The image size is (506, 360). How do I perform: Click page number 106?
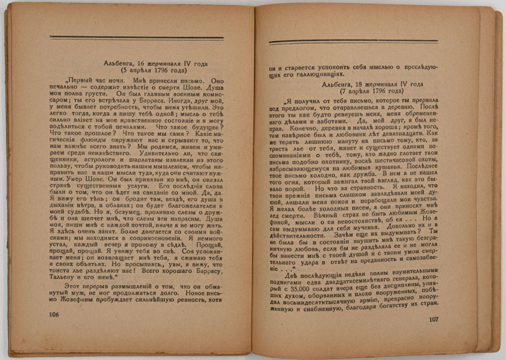[54, 314]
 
